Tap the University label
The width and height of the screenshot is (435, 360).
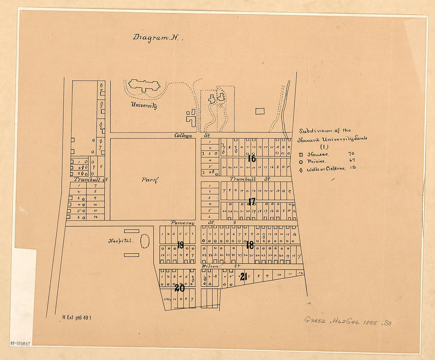[144, 106]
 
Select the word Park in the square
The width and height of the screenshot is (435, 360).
[150, 180]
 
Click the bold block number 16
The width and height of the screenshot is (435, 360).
[252, 159]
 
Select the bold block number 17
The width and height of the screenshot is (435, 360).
[252, 202]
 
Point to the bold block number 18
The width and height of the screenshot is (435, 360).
[250, 245]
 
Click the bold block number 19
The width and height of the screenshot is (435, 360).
[180, 245]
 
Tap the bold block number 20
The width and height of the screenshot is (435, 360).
[180, 288]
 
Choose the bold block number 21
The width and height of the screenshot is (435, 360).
[243, 277]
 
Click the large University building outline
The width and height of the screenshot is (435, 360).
[144, 85]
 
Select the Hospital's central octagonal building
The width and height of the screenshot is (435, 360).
[145, 241]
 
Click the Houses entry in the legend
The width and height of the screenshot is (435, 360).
[314, 154]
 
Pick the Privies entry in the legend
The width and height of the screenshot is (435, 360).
[314, 161]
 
